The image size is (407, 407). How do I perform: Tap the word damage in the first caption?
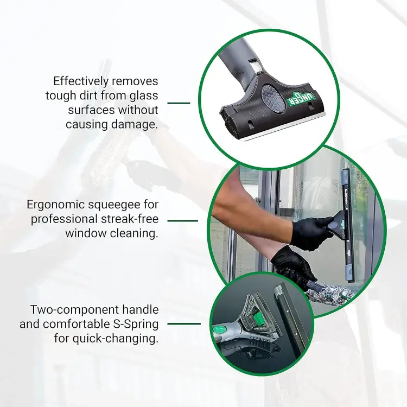[x=135, y=124]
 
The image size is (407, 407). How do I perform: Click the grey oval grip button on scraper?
[x=272, y=98]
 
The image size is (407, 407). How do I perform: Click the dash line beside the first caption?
[x=179, y=103]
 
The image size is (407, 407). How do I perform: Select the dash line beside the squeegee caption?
[x=182, y=221]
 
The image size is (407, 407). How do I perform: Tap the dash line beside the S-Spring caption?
[x=184, y=323]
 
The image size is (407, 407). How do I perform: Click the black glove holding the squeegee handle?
[x=311, y=232]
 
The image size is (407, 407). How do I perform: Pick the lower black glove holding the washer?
[x=293, y=266]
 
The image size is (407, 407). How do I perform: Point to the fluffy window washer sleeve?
[x=329, y=295]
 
